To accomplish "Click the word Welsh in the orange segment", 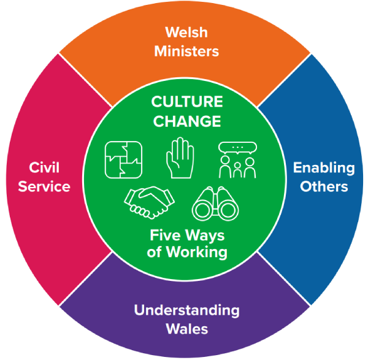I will pyautogui.click(x=186, y=33).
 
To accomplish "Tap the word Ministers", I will pyautogui.click(x=186, y=52).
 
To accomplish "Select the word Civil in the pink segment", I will pyautogui.click(x=44, y=167).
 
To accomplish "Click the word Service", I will pyautogui.click(x=44, y=186).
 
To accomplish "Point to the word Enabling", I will pyautogui.click(x=324, y=167).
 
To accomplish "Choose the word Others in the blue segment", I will pyautogui.click(x=324, y=186).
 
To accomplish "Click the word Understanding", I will pyautogui.click(x=186, y=310).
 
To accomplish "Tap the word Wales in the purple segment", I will pyautogui.click(x=186, y=329).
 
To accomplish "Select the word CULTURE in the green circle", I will pyautogui.click(x=186, y=102).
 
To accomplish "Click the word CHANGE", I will pyautogui.click(x=186, y=121).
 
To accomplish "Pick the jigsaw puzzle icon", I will pyautogui.click(x=124, y=159).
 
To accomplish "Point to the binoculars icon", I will pyautogui.click(x=215, y=204).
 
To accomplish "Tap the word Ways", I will pyautogui.click(x=205, y=235).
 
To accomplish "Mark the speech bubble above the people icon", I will pyautogui.click(x=237, y=147).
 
